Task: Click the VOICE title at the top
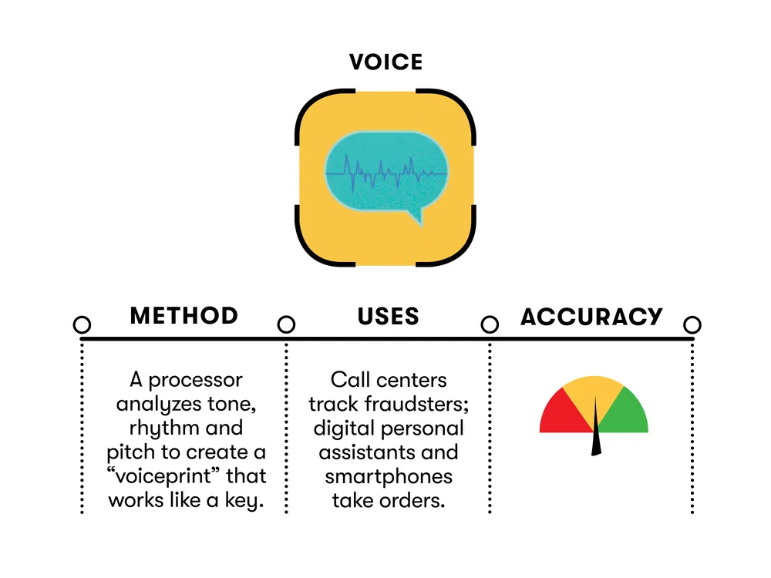pos(385,62)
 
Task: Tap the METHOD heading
pos(184,316)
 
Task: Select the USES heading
pos(388,316)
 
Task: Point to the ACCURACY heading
pos(591,317)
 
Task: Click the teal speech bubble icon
pos(385,173)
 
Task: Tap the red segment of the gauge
pos(557,414)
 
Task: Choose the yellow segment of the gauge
pos(593,393)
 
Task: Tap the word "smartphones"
pos(389,476)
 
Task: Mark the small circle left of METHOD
pos(82,324)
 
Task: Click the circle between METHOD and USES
pos(286,324)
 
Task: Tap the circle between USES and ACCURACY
pos(490,324)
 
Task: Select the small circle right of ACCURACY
pos(692,324)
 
